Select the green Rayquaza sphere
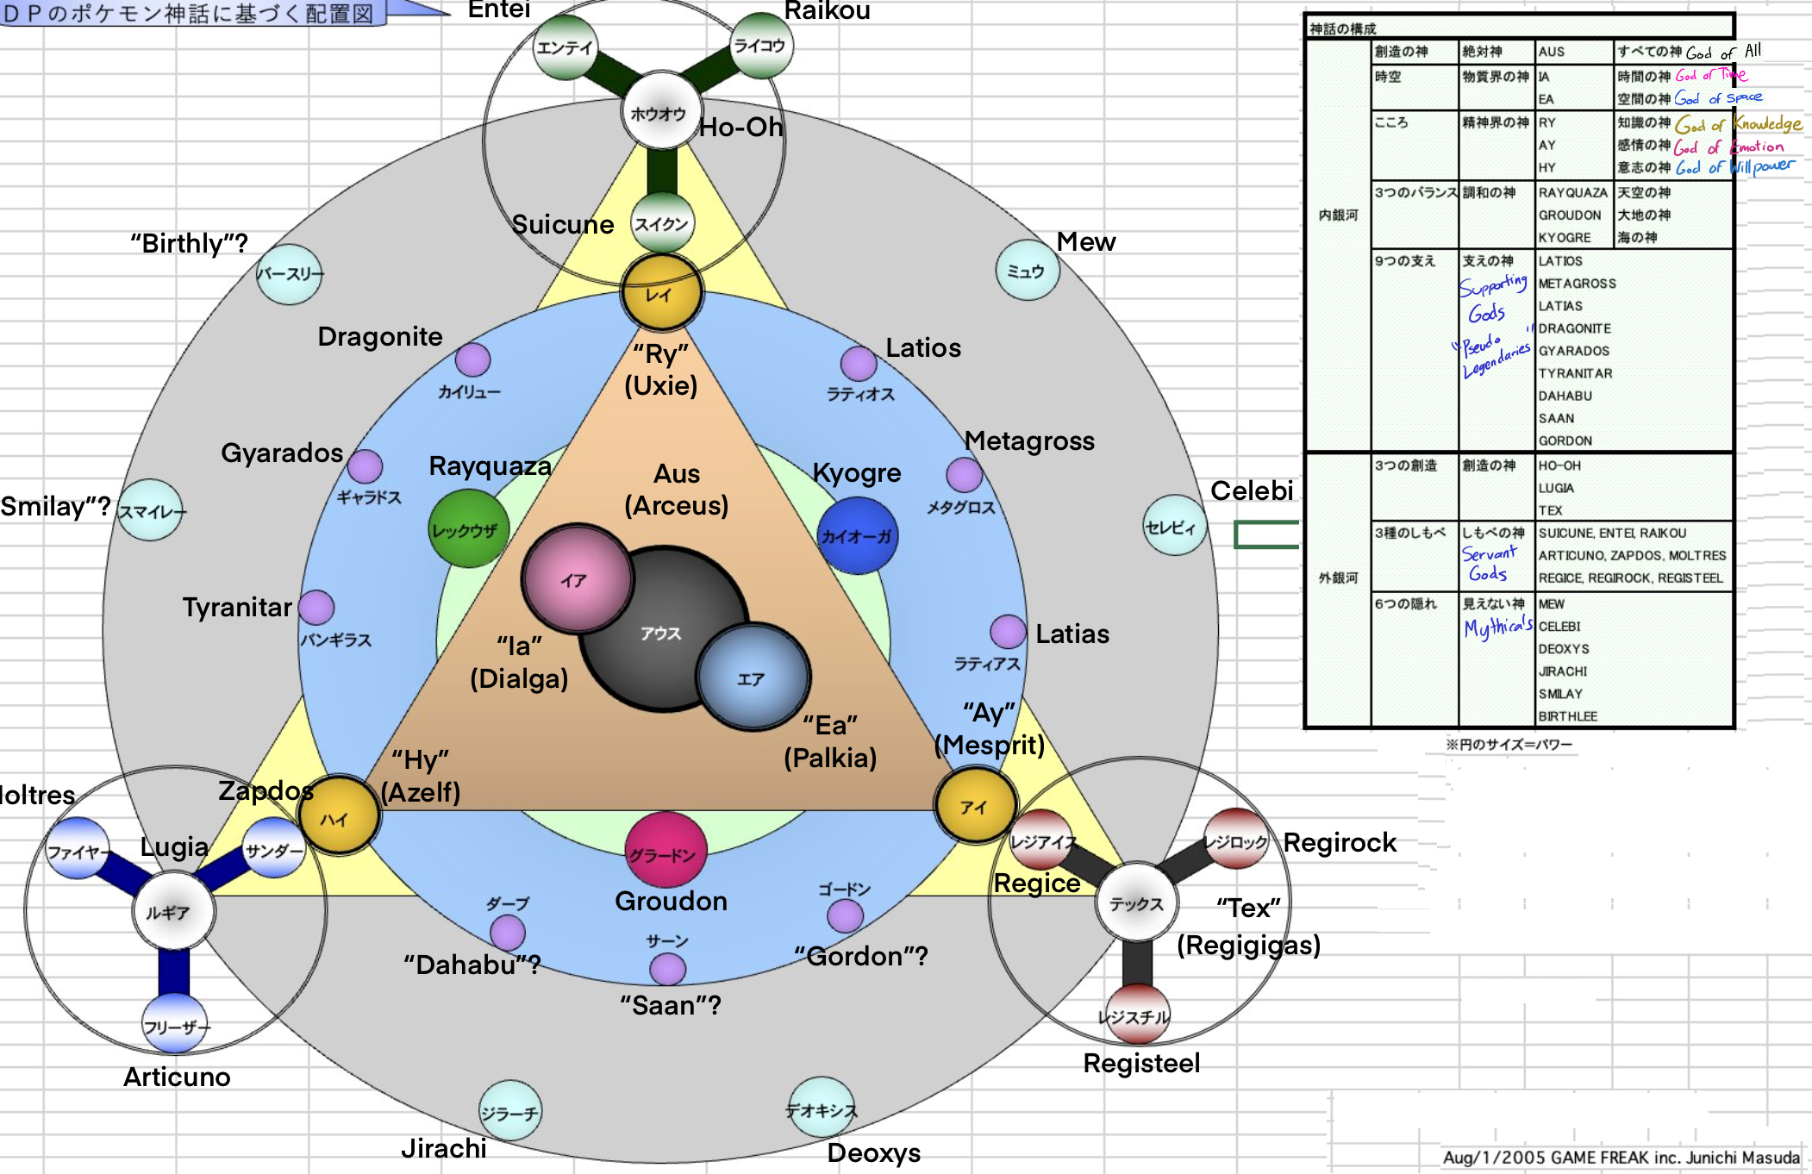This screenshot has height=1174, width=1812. pyautogui.click(x=468, y=528)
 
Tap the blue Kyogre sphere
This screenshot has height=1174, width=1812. pyautogui.click(x=856, y=535)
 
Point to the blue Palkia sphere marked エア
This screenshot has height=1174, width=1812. pyautogui.click(x=753, y=677)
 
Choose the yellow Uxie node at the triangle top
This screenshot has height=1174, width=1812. pyautogui.click(x=661, y=293)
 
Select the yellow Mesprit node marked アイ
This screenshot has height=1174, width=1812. pyautogui.click(x=974, y=805)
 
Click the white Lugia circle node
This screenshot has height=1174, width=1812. pyautogui.click(x=172, y=910)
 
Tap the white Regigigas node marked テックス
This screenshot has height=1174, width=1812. pyautogui.click(x=1136, y=902)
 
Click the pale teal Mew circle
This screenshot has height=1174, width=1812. pyautogui.click(x=1027, y=271)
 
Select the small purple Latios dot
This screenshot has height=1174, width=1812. pyautogui.click(x=859, y=364)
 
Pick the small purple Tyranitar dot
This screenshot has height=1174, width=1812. pyautogui.click(x=316, y=607)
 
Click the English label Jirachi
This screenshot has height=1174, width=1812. pyautogui.click(x=443, y=1148)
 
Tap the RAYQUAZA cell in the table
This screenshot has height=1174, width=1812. pyautogui.click(x=1573, y=192)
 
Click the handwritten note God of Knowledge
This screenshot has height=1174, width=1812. pyautogui.click(x=1738, y=124)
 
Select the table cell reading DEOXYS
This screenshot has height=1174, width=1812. pyautogui.click(x=1564, y=649)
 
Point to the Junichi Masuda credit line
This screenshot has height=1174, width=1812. pyautogui.click(x=1621, y=1157)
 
